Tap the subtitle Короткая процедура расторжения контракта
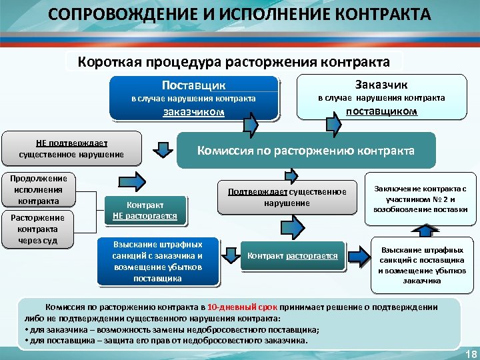click(234, 62)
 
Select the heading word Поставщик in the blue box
click(193, 85)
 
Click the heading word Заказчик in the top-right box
click(381, 84)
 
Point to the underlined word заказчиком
click(193, 112)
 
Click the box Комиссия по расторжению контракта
click(305, 150)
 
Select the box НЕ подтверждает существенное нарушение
click(71, 149)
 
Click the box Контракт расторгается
click(292, 256)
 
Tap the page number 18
click(470, 353)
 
